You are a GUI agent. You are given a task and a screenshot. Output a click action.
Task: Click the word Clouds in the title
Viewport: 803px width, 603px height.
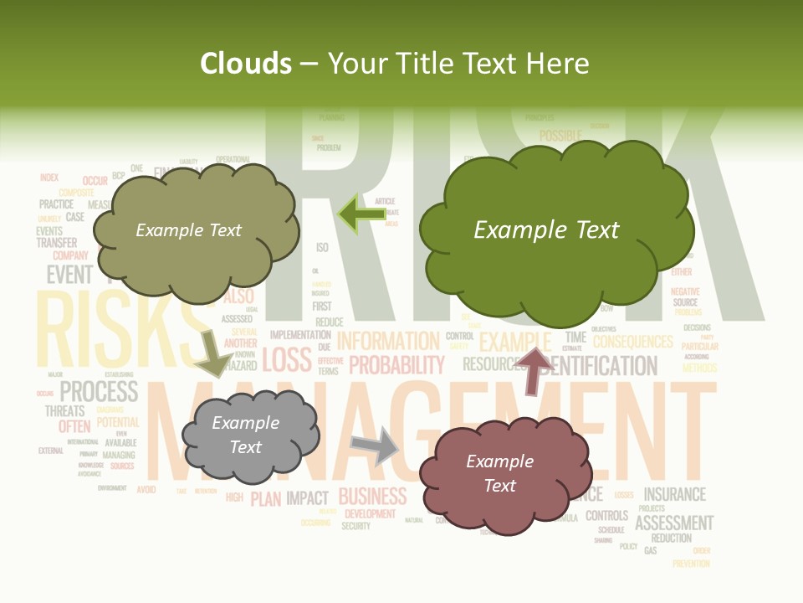point(246,64)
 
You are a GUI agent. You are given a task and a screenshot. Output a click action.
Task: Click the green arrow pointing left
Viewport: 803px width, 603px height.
point(361,214)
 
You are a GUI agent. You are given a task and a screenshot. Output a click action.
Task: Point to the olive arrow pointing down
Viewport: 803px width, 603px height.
point(214,353)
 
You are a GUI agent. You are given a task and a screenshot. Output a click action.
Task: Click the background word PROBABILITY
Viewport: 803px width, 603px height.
point(396,365)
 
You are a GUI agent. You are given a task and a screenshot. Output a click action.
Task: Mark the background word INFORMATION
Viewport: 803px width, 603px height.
point(388,341)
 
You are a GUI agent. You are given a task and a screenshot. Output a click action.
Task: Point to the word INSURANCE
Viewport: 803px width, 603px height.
point(674,494)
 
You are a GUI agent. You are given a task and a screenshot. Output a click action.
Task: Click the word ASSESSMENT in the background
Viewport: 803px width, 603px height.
point(674,523)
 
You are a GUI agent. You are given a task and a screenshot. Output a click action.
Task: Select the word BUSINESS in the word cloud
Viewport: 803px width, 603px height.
point(372,496)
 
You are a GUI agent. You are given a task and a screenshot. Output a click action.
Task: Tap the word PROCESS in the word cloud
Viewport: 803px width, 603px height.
point(99,390)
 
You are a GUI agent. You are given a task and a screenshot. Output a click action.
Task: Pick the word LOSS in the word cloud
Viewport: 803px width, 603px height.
point(286,359)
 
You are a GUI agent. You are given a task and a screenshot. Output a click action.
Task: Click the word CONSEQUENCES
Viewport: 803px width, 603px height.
point(632,342)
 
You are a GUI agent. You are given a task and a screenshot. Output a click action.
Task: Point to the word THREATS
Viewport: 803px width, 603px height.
point(64,410)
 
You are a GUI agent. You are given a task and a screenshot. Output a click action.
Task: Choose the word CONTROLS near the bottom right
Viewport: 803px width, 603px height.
point(606,515)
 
